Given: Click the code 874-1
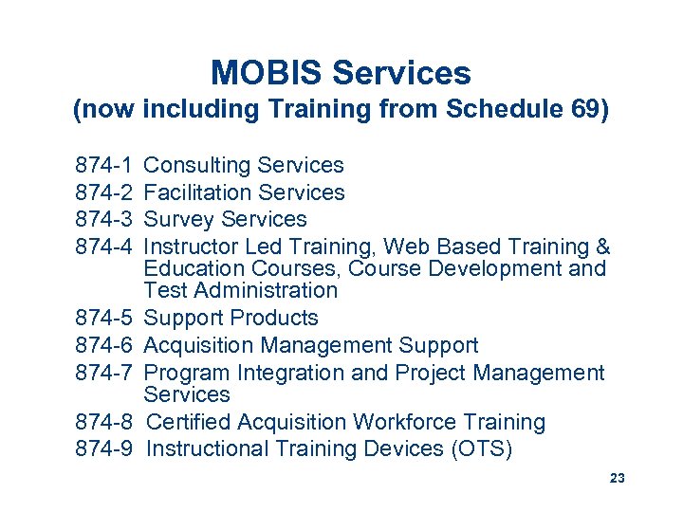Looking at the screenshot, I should click(x=106, y=166).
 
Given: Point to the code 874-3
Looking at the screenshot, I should click(x=106, y=220).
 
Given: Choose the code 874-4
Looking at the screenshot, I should click(x=106, y=247).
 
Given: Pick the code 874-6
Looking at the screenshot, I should click(x=106, y=346).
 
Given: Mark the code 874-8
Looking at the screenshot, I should click(x=106, y=423).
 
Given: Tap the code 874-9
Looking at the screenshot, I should click(x=106, y=449).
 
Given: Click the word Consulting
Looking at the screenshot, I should click(x=194, y=166).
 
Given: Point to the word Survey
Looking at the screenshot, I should click(x=175, y=220).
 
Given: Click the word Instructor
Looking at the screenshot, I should click(x=193, y=247).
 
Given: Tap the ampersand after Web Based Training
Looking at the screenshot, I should click(x=601, y=247).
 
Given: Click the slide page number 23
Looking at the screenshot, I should click(x=618, y=479).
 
